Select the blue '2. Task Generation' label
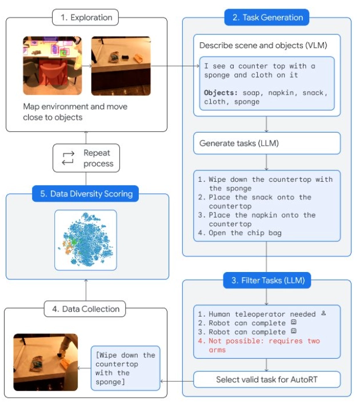pyautogui.click(x=266, y=18)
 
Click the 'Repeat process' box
pyautogui.click(x=87, y=158)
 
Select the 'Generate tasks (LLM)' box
pyautogui.click(x=267, y=143)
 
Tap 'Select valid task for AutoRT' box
pyautogui.click(x=267, y=379)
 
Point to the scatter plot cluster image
pyautogui.click(x=86, y=239)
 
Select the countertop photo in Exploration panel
pyautogui.click(x=121, y=66)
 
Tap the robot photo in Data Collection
pyautogui.click(x=45, y=362)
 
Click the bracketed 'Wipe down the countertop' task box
pyautogui.click(x=125, y=368)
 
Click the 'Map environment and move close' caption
pyautogui.click(x=75, y=111)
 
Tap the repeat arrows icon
pyautogui.click(x=68, y=158)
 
